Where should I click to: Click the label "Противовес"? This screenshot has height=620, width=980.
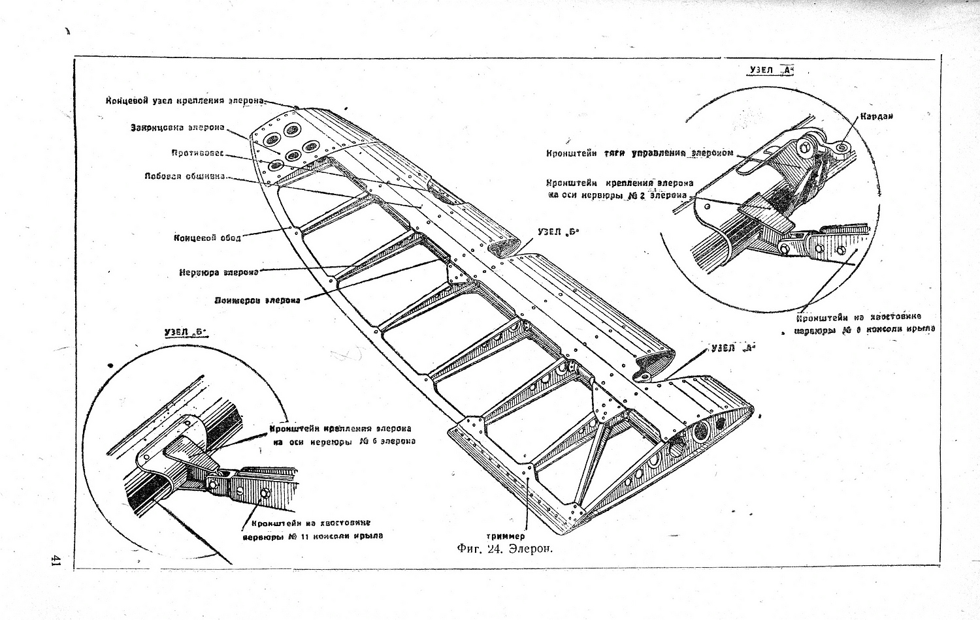(x=197, y=153)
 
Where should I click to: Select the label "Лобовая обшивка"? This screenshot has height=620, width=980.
(x=186, y=176)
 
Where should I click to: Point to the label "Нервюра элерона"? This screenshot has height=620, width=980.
(x=218, y=272)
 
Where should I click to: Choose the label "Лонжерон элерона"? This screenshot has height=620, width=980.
(x=257, y=301)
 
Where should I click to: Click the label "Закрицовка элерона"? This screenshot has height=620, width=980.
(x=177, y=127)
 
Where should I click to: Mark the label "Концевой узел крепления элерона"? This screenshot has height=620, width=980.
(x=186, y=101)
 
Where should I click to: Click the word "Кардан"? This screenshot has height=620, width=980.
(x=877, y=116)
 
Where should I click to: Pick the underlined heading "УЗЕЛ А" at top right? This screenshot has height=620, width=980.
(x=770, y=70)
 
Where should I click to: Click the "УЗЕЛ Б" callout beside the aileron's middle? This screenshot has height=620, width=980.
(x=555, y=232)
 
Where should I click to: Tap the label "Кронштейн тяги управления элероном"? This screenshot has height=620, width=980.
(x=640, y=153)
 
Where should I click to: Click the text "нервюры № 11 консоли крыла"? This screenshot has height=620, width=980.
(x=312, y=536)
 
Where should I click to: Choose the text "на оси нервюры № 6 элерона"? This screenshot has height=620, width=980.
(x=344, y=441)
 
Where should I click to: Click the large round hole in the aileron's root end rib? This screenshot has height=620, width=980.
(x=702, y=430)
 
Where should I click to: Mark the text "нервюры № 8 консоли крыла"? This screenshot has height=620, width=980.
(x=864, y=330)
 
